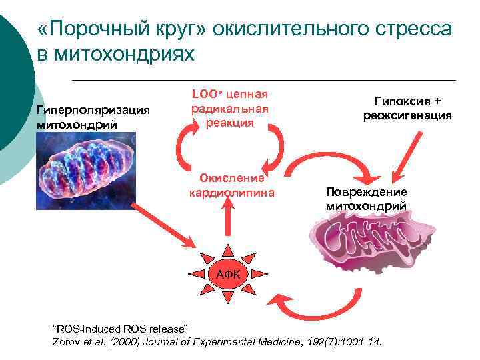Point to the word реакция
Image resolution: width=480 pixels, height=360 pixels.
pos(229,123)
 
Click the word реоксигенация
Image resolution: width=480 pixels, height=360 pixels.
pos(407,115)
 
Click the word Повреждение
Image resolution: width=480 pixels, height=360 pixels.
pos(366,192)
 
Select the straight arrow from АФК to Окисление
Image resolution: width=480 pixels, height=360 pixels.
pos(229,221)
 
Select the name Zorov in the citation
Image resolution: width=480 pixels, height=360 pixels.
pos(67,341)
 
